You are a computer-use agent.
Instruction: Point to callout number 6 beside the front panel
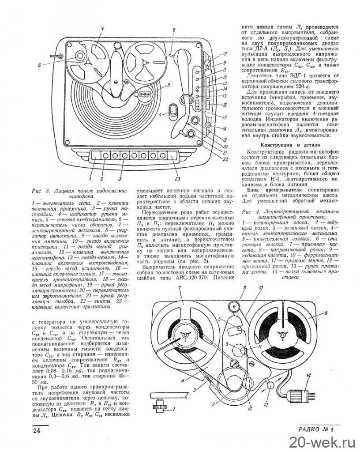pyautogui.click(x=40, y=65)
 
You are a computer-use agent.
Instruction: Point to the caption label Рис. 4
pyautogui.click(x=250, y=212)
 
